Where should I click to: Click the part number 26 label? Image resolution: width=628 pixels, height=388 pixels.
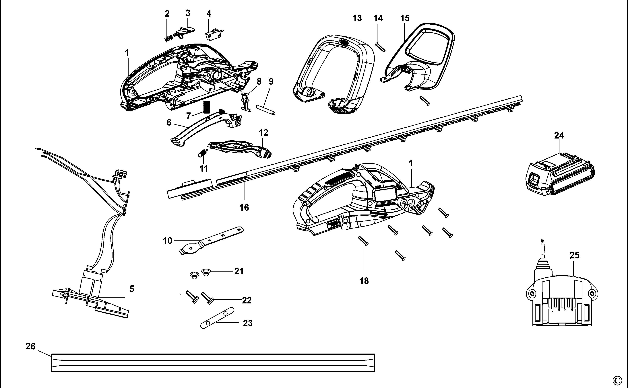[x=30, y=346]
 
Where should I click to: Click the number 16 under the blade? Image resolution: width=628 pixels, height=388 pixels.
[x=244, y=207]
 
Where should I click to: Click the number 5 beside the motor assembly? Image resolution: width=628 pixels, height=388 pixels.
[x=131, y=289]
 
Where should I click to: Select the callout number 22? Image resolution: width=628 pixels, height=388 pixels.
[x=247, y=300]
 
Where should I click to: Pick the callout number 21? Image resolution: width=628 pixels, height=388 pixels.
[x=239, y=271]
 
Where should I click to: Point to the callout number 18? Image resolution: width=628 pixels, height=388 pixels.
[x=364, y=281]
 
